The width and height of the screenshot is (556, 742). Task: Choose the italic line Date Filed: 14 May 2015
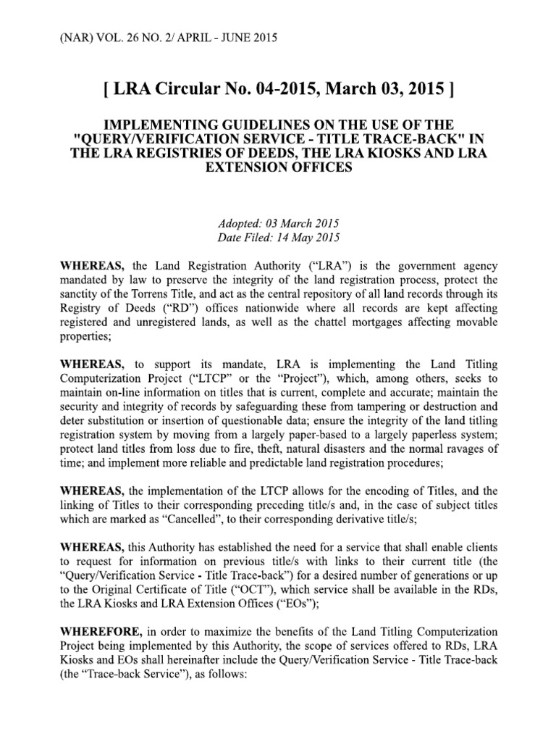pos(278,237)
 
